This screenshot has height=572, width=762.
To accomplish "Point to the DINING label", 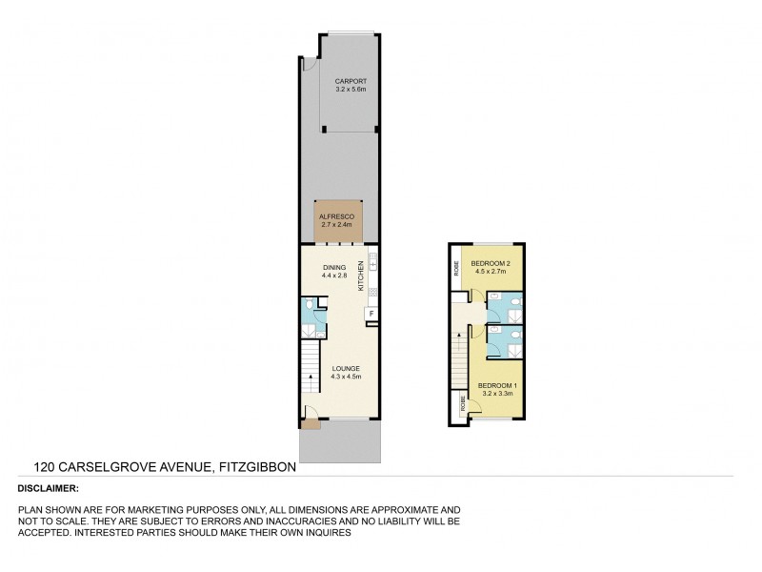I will pos(333,267).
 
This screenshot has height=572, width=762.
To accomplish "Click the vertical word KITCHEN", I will pos(361,276).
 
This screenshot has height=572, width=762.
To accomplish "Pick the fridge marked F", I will pos(370,314).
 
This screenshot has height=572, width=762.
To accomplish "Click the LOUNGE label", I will pos(344,368).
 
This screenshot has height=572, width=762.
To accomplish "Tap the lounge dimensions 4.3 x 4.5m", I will pos(344,378).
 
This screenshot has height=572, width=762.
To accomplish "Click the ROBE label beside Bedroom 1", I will pos(464,404).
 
